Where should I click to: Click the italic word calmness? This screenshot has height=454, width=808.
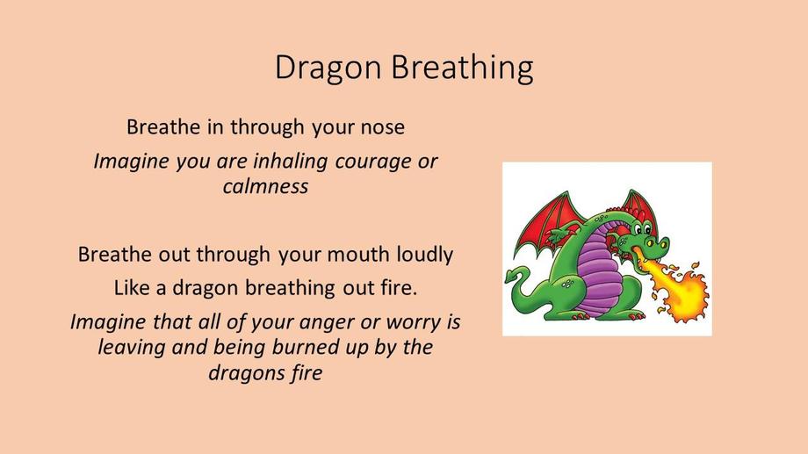(x=265, y=186)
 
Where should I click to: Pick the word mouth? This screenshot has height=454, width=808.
(x=358, y=255)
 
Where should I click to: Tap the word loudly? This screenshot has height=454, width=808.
(x=424, y=255)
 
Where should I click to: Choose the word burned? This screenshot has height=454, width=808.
(x=302, y=347)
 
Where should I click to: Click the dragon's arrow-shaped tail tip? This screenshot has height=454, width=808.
(x=512, y=277)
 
